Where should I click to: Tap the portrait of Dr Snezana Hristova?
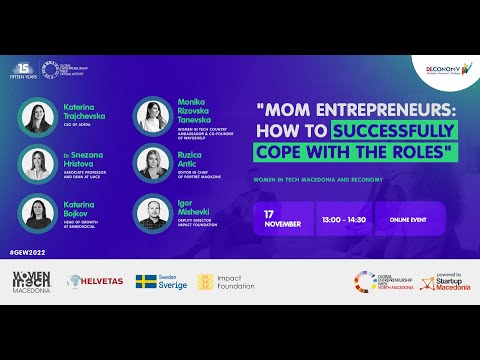coord(38,163)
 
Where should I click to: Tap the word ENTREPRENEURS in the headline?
coord(370,108)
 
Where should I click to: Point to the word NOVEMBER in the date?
coord(283,224)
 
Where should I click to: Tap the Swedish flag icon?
coord(147,282)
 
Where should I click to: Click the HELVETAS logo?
coord(95,282)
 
